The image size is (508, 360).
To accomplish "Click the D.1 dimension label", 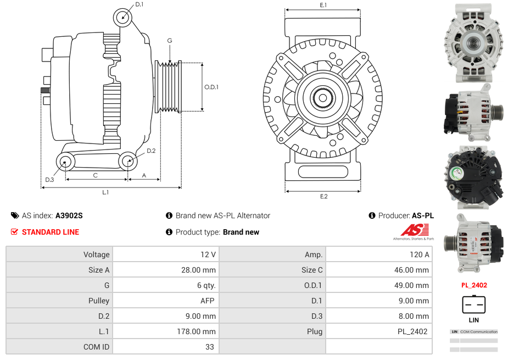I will (139, 4).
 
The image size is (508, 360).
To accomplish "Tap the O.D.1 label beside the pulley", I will (211, 87).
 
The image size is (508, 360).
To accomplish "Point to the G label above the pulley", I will (170, 41).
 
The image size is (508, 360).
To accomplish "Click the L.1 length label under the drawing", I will (105, 192).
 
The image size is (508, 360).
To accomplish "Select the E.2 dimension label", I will (323, 196).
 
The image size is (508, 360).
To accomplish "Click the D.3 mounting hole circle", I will (65, 162).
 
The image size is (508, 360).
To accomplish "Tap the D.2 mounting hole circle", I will (127, 162).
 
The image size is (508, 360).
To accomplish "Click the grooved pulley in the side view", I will (169, 87).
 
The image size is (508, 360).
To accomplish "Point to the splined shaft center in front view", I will (322, 98).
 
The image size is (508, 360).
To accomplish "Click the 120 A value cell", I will (379, 254).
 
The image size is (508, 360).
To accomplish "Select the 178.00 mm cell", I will (166, 331).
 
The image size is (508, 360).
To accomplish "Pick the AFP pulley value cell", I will (166, 301).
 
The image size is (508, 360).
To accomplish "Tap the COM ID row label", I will (59, 347).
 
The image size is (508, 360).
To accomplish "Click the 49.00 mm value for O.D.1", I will (379, 285).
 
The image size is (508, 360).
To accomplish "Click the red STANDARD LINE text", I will (50, 232).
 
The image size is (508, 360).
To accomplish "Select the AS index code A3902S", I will (69, 215).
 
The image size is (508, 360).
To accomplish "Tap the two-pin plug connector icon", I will (473, 304).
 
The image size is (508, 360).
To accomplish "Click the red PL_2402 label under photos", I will (474, 285).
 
